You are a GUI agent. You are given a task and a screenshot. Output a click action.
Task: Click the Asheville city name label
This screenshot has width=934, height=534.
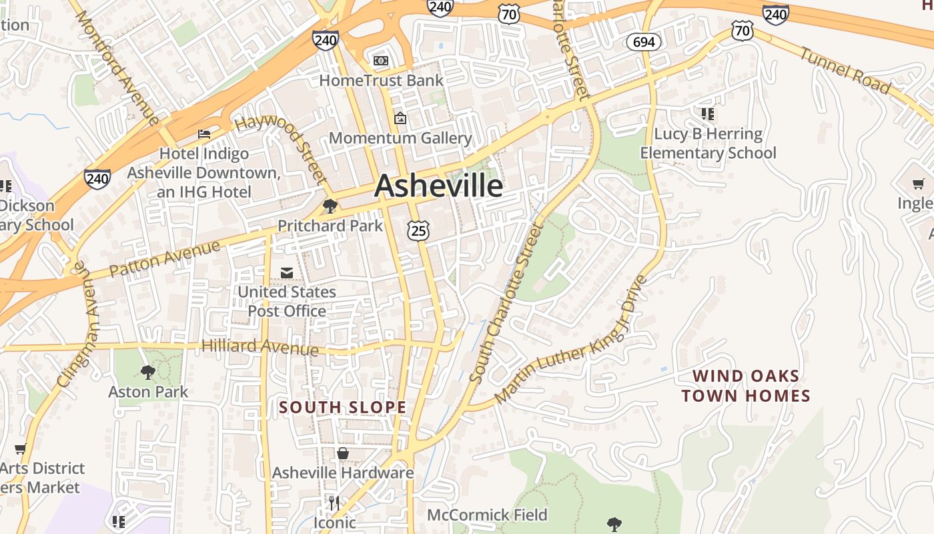tap(438, 185)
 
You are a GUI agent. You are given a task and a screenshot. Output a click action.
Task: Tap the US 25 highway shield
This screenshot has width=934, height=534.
tap(418, 231)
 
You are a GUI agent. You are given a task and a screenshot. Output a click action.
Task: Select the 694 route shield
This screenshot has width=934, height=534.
tap(643, 42)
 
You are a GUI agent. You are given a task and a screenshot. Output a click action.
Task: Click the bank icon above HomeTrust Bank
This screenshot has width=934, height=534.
tap(381, 61)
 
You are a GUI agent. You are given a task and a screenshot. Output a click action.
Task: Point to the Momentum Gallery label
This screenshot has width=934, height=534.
tap(400, 138)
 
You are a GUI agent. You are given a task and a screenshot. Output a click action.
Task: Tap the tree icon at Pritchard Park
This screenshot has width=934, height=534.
tap(330, 206)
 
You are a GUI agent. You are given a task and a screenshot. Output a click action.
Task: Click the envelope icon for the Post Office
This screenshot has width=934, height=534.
tap(287, 273)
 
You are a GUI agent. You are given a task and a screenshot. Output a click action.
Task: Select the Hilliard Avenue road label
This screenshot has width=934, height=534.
tap(260, 347)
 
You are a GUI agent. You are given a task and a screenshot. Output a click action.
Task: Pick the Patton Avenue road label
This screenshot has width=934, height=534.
tap(164, 260)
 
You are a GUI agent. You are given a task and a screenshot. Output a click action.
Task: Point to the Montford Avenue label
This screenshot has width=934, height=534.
tap(118, 67)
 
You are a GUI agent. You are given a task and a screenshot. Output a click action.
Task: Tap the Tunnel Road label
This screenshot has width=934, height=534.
tap(845, 70)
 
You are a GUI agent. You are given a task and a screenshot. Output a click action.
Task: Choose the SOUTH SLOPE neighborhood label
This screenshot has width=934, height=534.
tap(342, 407)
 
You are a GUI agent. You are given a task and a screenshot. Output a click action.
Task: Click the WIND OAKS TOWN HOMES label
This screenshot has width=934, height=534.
tap(745, 386)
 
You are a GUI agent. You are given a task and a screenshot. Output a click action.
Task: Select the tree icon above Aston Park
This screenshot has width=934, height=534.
tap(148, 372)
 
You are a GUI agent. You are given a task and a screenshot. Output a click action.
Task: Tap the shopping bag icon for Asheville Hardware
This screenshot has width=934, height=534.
tap(343, 454)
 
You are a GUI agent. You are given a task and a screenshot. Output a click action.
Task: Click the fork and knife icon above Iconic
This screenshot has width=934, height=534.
tap(335, 503)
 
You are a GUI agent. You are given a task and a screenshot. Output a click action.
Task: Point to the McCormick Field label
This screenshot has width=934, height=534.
tap(487, 515)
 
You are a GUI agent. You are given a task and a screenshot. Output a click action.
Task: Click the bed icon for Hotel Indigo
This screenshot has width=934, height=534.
tap(204, 134)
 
